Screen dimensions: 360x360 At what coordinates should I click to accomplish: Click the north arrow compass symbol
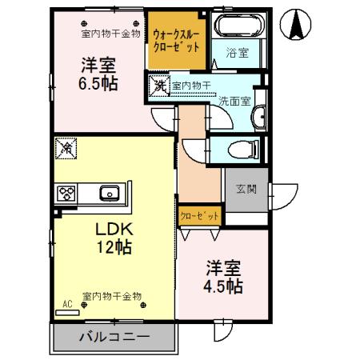point(297,25)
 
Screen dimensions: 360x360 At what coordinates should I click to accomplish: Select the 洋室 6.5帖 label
point(98,73)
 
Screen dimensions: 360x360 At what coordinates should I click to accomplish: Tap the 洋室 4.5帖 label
point(223,276)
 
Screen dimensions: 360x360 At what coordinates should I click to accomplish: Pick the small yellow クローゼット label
point(199,216)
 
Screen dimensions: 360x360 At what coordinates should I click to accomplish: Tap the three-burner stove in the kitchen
point(65,194)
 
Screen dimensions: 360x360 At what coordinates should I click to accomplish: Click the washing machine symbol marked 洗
point(159,86)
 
